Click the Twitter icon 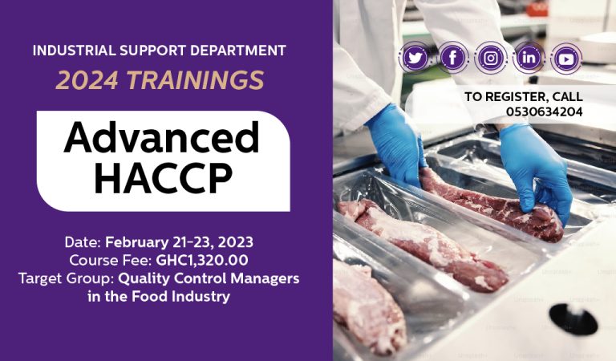pos(415,58)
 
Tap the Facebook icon pos(453,58)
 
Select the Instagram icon pos(491,58)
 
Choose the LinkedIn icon pos(529,58)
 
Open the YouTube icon pos(566,59)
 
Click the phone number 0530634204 pos(544,112)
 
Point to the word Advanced pos(161,137)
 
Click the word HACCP pos(164,178)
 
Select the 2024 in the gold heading pos(87,80)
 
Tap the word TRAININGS pos(195,80)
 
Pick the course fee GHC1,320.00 pos(202,260)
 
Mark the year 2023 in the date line pos(235,242)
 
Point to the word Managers pos(265,278)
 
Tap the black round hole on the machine pos(573,318)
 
